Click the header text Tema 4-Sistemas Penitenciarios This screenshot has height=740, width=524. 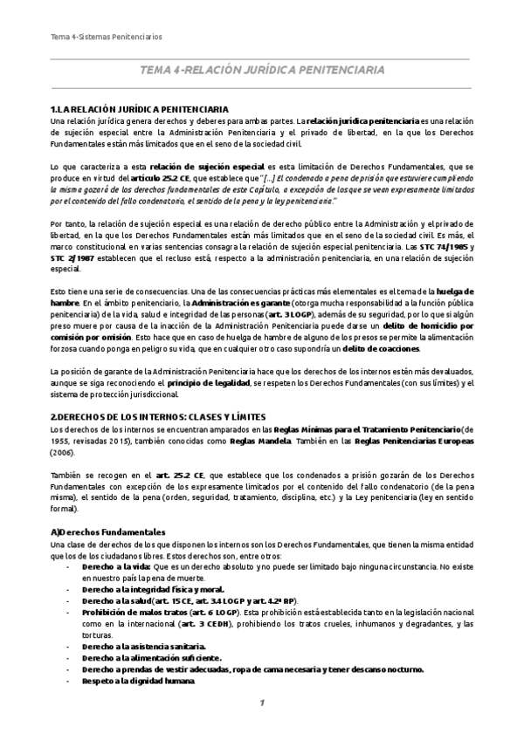[106, 36]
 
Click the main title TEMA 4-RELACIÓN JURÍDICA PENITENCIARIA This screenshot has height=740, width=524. [261, 70]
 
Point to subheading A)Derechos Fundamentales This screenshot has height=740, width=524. [108, 531]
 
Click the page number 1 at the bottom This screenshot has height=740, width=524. [261, 703]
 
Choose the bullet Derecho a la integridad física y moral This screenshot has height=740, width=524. [141, 588]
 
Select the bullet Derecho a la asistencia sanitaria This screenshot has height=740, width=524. [142, 646]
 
